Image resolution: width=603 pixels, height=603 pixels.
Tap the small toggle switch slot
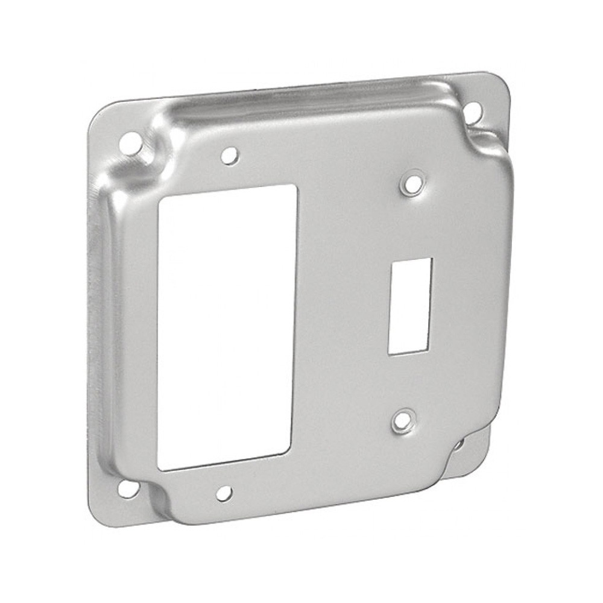410,306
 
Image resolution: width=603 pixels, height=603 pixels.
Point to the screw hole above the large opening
229,156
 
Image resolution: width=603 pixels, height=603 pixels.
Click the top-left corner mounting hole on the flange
130,144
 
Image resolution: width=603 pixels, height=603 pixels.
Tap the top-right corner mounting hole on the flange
473,110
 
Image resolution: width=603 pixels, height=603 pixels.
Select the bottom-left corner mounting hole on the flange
127,488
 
